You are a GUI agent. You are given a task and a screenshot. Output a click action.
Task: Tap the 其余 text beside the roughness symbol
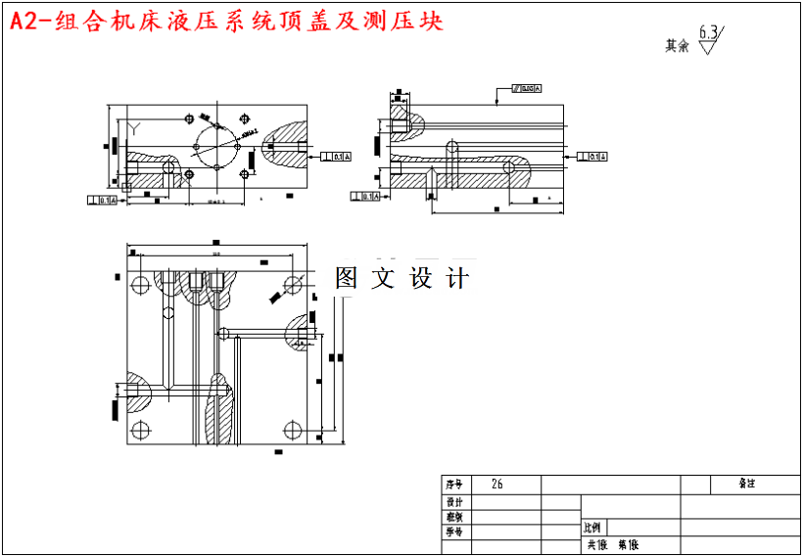[x=677, y=45]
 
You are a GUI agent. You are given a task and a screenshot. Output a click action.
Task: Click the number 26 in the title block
[x=497, y=485]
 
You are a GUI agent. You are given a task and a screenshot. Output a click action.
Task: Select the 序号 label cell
[x=453, y=485]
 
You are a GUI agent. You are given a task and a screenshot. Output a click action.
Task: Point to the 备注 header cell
[x=746, y=484]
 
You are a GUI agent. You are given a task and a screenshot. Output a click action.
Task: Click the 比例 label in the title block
[x=593, y=527]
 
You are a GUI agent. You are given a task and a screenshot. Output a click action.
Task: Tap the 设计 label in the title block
[x=453, y=501]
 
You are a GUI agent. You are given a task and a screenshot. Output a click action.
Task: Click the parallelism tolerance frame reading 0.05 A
[x=525, y=89]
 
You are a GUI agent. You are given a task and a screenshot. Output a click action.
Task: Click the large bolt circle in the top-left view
[x=216, y=147]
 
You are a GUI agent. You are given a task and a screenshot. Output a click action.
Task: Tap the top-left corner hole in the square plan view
[x=140, y=285]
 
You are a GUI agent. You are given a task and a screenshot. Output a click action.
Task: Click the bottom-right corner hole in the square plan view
[x=291, y=429]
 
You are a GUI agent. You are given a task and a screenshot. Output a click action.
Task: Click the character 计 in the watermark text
[x=457, y=278]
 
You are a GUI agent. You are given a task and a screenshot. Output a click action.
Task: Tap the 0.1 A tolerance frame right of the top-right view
[x=592, y=157]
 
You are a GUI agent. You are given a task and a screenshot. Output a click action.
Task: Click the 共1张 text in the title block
[x=596, y=545]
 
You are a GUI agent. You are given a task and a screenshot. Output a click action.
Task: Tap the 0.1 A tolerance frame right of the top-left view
[x=337, y=156]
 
